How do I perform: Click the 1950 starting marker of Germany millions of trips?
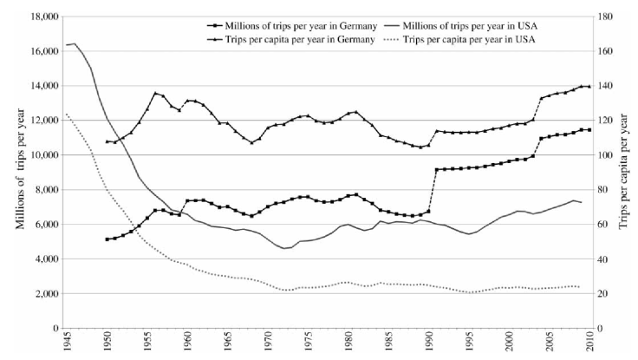pyautogui.click(x=107, y=239)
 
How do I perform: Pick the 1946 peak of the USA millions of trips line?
pyautogui.click(x=75, y=43)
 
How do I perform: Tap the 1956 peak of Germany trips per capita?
pyautogui.click(x=155, y=93)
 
